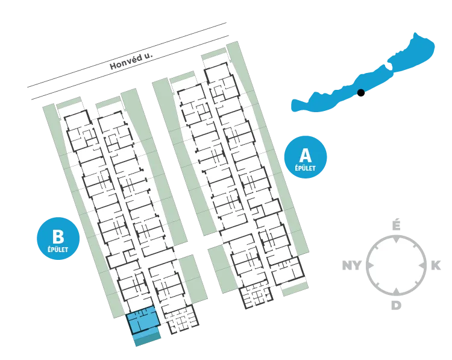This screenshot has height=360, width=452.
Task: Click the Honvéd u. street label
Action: [131, 61]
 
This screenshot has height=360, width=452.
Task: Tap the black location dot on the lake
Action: [360, 93]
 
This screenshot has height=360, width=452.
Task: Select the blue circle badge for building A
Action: [306, 157]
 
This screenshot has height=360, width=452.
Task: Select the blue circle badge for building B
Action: [58, 238]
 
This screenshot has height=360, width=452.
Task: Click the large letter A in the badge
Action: [306, 155]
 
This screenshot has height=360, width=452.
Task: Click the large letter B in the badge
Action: [58, 236]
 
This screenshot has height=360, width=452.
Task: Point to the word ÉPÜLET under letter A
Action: [306, 168]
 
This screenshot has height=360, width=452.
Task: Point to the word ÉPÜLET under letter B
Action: [58, 249]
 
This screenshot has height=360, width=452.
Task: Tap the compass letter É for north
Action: [397, 225]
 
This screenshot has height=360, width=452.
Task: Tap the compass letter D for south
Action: [397, 305]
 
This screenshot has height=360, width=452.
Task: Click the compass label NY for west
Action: [352, 265]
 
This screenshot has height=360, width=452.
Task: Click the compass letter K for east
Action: [436, 265]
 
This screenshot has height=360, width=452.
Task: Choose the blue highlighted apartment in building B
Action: [143, 320]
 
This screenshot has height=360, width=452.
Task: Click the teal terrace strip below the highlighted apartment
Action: [148, 339]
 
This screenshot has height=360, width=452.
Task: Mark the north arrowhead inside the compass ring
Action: [397, 239]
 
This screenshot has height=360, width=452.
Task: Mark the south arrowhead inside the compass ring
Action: [397, 291]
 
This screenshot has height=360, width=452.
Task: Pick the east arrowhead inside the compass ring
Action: [422, 265]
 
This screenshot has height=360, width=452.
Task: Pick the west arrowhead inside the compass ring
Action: [371, 265]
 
